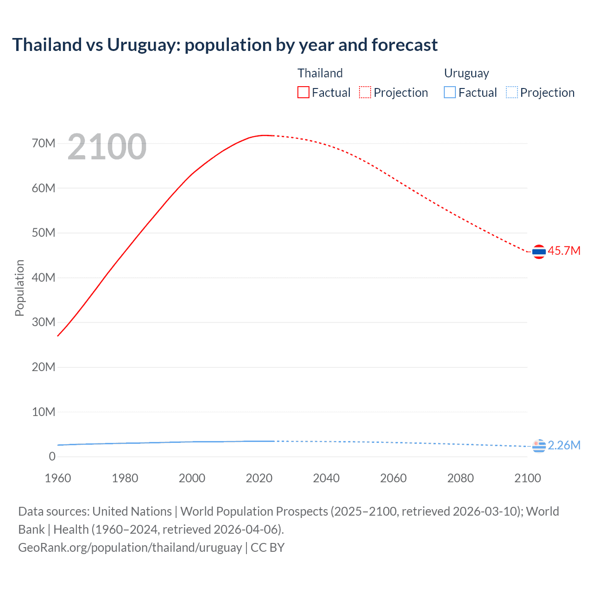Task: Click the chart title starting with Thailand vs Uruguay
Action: click(225, 45)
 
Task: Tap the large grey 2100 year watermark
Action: click(107, 147)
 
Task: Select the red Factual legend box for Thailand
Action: click(303, 92)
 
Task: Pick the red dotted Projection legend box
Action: click(365, 92)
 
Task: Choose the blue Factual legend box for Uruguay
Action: click(449, 92)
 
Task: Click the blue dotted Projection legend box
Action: click(512, 92)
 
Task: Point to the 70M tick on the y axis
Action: click(44, 143)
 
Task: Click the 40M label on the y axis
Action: click(44, 278)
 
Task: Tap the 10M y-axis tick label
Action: click(44, 412)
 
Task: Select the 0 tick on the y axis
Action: click(52, 456)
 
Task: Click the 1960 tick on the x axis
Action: click(58, 478)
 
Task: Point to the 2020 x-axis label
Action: click(259, 478)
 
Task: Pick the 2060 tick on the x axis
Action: click(393, 478)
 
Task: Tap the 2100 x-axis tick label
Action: click(527, 478)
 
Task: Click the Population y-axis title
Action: click(19, 288)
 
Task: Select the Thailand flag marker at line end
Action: click(539, 252)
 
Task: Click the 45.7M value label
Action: click(564, 251)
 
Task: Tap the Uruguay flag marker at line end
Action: click(539, 446)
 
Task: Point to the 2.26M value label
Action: click(564, 445)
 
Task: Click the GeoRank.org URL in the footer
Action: click(130, 548)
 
